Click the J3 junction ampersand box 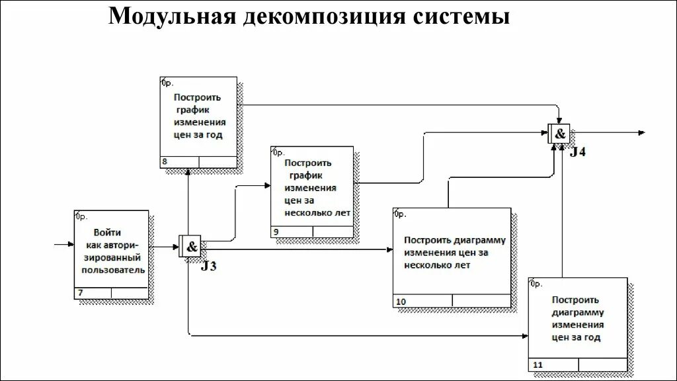tap(191, 247)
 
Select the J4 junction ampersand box tap(559, 134)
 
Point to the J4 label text tap(577, 153)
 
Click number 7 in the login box tap(81, 293)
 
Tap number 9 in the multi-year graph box tap(276, 232)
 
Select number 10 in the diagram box tap(401, 302)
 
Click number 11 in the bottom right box tap(537, 365)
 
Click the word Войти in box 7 tap(107, 233)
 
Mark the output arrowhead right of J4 tap(641, 134)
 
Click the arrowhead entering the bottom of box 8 tap(188, 171)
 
